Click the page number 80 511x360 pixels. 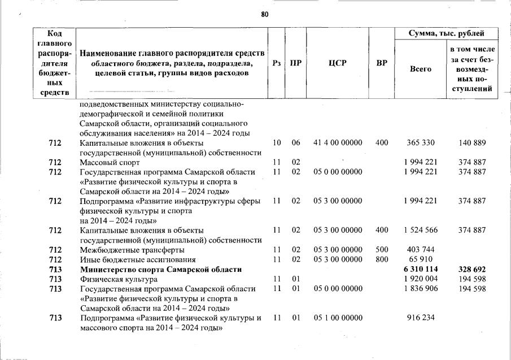click(265, 14)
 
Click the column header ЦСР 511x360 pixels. click(338, 63)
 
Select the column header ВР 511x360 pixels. click(382, 63)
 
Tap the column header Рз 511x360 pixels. click(277, 63)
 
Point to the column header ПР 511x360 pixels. click(295, 63)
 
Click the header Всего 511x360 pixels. click(420, 69)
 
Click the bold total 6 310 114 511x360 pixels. click(420, 270)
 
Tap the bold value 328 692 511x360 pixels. click(472, 270)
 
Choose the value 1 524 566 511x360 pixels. click(420, 230)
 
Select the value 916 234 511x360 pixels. click(420, 318)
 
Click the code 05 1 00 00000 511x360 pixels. click(338, 318)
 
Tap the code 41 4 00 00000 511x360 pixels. click(338, 143)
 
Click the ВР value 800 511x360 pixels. click(382, 260)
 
